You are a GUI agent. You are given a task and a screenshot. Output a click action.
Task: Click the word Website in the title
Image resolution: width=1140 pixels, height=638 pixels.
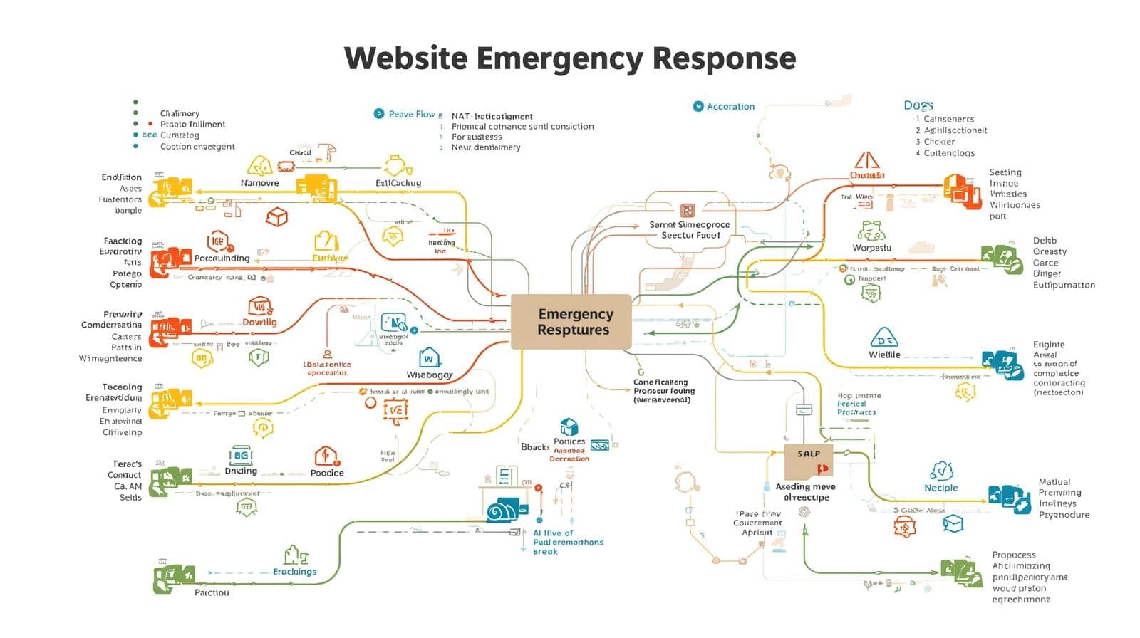(x=405, y=58)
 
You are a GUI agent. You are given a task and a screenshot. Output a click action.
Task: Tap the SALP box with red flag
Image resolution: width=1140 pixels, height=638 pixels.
(x=809, y=461)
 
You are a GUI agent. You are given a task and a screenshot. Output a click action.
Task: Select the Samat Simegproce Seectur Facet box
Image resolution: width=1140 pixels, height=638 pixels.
(x=689, y=229)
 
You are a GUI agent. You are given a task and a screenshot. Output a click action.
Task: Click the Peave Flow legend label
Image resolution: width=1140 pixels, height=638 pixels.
(x=411, y=114)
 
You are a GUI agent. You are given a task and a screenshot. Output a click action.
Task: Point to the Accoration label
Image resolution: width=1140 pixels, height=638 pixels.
(x=730, y=107)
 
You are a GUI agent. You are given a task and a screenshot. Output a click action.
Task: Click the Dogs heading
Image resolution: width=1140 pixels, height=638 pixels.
(x=918, y=105)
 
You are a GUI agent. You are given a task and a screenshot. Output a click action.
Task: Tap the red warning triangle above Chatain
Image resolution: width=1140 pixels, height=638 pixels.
(x=867, y=159)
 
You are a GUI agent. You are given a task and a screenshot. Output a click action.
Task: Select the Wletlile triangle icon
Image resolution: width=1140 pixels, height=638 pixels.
(x=884, y=338)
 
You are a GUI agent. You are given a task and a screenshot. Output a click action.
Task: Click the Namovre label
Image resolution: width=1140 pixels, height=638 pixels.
(x=259, y=183)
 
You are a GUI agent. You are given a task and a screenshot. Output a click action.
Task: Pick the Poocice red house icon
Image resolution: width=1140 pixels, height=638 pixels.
(x=326, y=456)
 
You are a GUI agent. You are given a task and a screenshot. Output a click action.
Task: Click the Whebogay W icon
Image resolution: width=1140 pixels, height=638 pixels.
(x=428, y=358)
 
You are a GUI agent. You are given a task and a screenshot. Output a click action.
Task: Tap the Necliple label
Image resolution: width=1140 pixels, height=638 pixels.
(x=940, y=488)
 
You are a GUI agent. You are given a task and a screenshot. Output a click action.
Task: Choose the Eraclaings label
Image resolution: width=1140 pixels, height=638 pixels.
(x=294, y=572)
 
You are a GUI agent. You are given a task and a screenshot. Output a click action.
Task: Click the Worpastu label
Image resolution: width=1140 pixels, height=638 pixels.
(x=871, y=248)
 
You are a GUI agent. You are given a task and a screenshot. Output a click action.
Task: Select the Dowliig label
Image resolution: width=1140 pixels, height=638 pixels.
(x=259, y=322)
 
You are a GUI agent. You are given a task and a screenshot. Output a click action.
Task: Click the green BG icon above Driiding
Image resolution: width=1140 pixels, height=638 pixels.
(x=241, y=455)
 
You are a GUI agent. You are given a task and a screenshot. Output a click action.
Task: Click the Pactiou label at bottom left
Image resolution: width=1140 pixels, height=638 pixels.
(x=212, y=592)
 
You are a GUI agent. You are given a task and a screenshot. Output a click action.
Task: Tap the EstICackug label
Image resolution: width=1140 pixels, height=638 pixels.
(x=398, y=183)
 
